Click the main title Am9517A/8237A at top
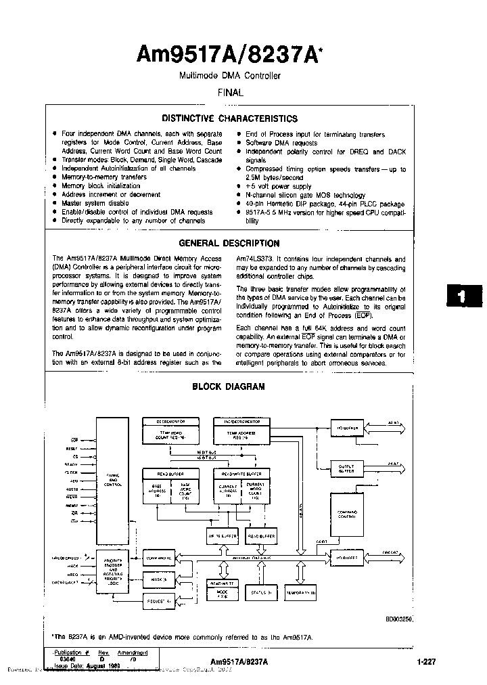(229, 56)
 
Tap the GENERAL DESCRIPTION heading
(229, 244)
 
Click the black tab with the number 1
(461, 296)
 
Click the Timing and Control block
(112, 481)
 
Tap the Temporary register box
(300, 592)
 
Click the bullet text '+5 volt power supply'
(278, 186)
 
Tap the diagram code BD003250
(399, 619)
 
